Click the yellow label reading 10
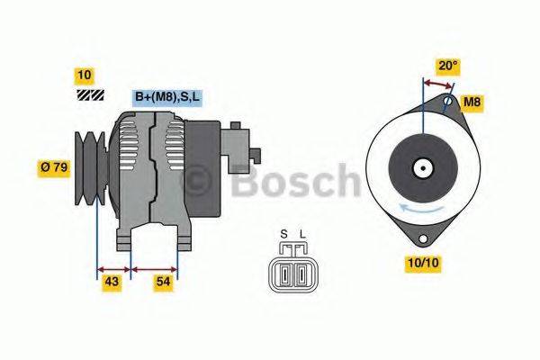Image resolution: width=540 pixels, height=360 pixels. click(85, 75)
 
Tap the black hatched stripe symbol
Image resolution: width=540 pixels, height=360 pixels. click(90, 94)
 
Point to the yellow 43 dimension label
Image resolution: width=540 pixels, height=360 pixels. click(112, 283)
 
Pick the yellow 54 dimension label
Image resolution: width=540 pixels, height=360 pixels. click(163, 283)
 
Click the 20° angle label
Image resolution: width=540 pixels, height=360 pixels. click(448, 65)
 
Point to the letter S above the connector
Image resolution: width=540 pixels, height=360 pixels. click(283, 236)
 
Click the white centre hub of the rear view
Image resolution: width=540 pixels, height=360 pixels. click(421, 167)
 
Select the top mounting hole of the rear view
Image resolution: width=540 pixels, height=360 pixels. click(448, 103)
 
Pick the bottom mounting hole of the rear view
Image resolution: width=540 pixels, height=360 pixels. click(421, 240)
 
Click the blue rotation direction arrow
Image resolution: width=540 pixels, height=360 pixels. click(420, 210)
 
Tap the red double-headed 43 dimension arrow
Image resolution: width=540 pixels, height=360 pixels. click(113, 267)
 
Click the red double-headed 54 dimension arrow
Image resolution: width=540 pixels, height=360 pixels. click(155, 267)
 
